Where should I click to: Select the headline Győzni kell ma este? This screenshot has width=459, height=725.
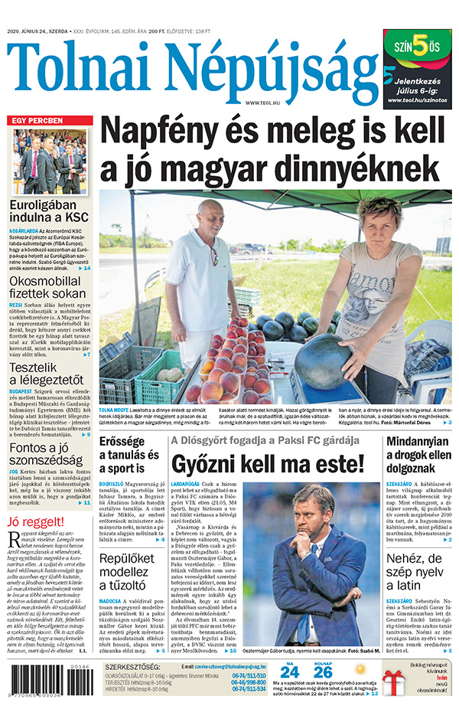267,463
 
